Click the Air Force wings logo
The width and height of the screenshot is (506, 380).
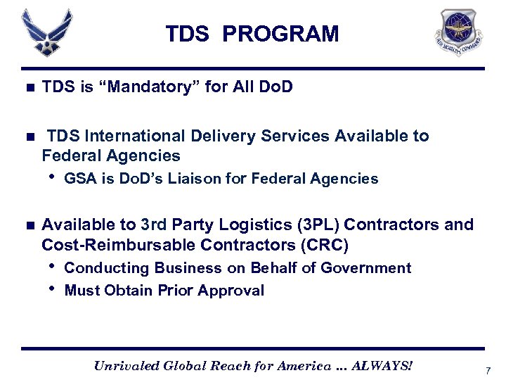[x=46, y=32]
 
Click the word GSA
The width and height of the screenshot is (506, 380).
[x=77, y=179]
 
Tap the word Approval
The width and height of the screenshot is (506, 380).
[x=231, y=291]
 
